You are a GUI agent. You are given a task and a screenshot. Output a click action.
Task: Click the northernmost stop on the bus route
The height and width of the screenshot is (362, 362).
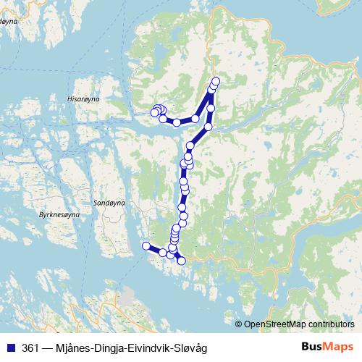(x=216, y=80)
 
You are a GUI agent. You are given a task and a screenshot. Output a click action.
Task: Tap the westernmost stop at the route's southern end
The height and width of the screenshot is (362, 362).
(x=146, y=245)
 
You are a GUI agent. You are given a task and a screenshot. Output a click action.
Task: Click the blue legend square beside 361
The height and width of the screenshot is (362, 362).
(x=10, y=348)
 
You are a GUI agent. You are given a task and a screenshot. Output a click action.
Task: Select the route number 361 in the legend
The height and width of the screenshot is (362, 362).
(x=31, y=348)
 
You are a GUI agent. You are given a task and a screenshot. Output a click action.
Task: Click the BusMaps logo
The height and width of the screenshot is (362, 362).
(x=328, y=347)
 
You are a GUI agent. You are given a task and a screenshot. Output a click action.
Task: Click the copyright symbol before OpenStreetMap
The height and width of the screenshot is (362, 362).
(x=239, y=324)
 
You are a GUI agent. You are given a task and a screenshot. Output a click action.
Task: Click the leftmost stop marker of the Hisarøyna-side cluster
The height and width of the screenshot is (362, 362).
(x=153, y=111)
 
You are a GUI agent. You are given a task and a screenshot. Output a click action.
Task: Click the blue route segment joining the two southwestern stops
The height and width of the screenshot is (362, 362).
(x=154, y=250)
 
